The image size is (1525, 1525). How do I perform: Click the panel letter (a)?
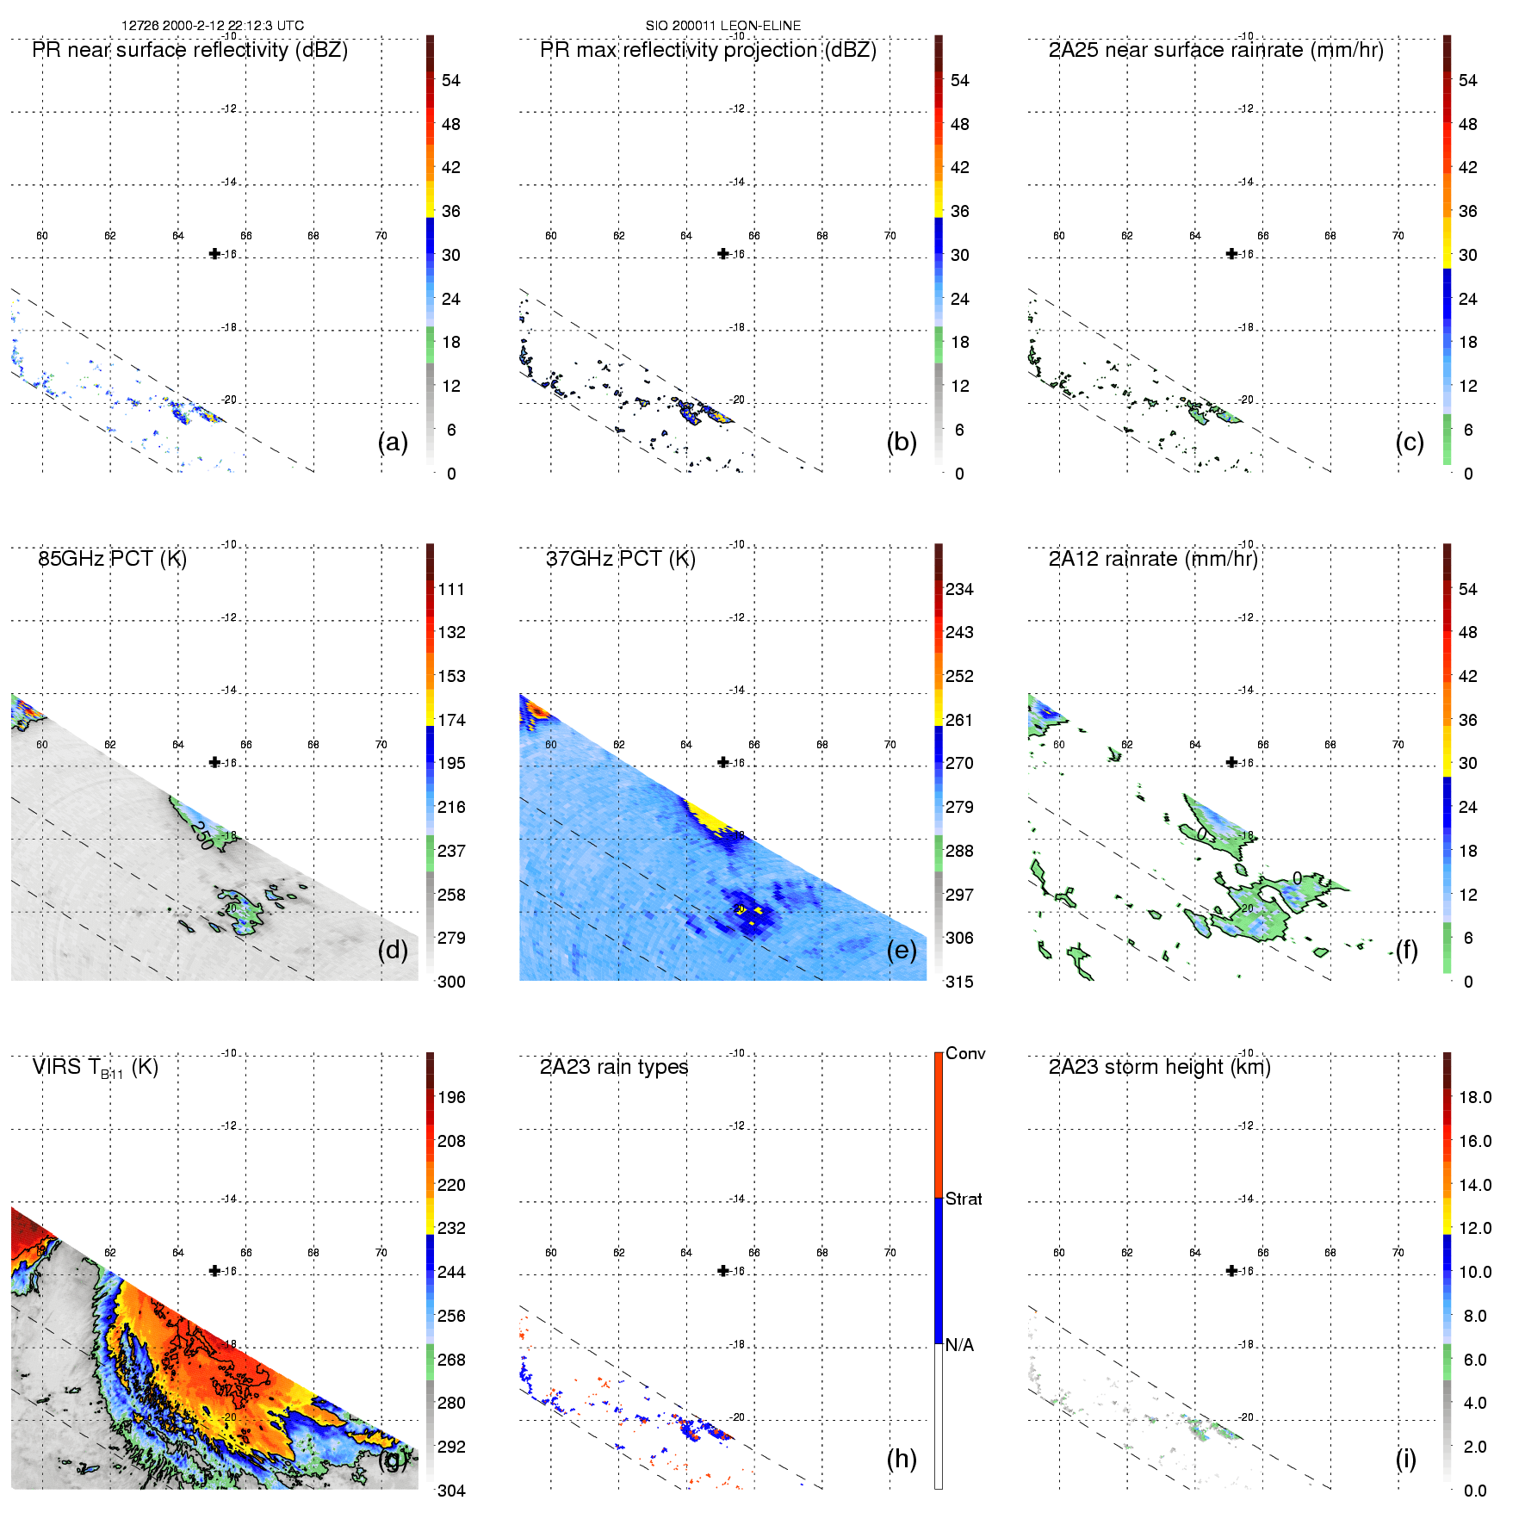point(393,443)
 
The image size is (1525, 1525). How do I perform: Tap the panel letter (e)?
point(902,951)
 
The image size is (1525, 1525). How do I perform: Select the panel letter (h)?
point(902,1459)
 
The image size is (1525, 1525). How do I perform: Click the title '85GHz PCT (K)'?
point(112,559)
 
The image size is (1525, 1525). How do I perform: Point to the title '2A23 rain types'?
point(614,1067)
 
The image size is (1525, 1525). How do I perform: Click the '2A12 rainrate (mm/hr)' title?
point(1153,559)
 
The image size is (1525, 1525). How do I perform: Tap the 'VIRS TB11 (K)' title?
point(95,1068)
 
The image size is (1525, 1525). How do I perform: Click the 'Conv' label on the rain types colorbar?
point(965,1053)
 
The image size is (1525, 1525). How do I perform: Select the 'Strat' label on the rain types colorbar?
point(964,1199)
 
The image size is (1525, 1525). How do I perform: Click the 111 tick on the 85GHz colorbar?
point(451,589)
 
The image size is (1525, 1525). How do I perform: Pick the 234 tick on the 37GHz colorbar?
point(959,589)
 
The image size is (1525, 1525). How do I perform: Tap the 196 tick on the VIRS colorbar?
point(451,1097)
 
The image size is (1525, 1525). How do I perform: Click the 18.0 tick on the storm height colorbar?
point(1475,1097)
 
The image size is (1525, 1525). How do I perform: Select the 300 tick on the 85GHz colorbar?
point(451,982)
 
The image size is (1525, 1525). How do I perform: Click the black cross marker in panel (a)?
point(215,254)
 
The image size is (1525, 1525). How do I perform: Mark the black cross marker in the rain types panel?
point(723,1271)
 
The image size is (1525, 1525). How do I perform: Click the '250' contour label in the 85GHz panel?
point(202,834)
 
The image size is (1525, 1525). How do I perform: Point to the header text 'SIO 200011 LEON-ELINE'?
point(723,26)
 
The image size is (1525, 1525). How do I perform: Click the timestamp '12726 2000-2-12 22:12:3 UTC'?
point(213,26)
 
